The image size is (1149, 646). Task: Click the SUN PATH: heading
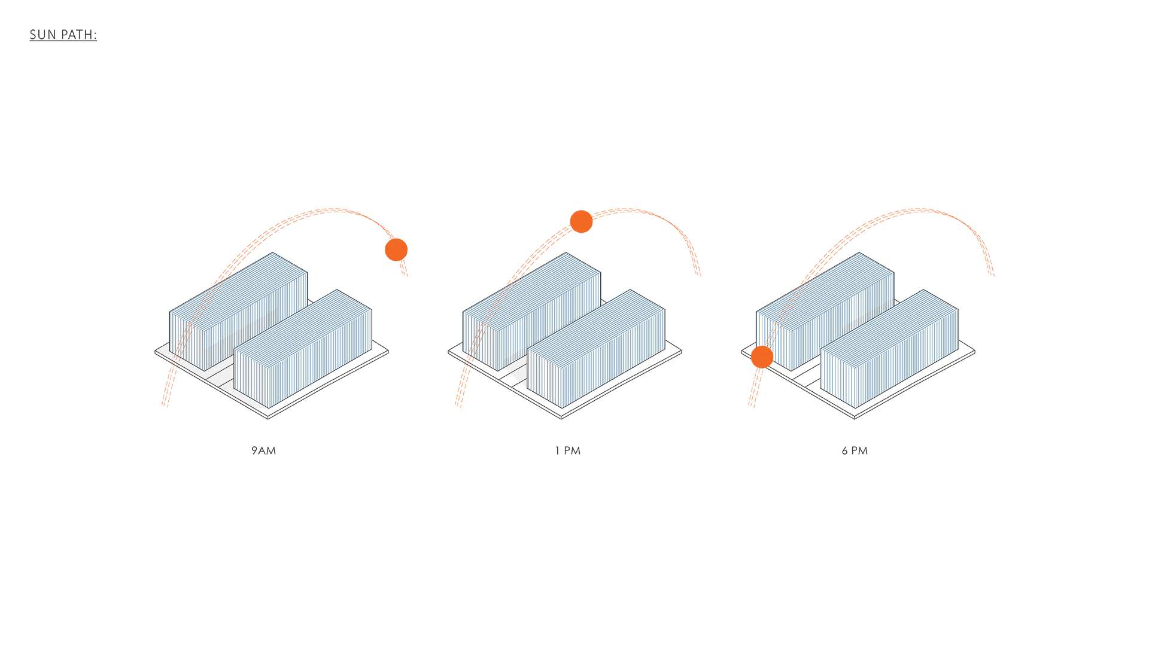[x=63, y=35]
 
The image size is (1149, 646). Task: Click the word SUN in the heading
[x=43, y=35]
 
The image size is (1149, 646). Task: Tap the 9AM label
[x=264, y=450]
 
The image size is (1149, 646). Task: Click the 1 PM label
[x=568, y=450]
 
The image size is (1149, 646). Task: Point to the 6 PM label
[x=855, y=450]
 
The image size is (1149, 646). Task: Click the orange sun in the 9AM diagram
[x=396, y=249]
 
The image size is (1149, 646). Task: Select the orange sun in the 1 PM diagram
[x=581, y=221]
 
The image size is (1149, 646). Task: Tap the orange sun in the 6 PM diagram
[x=762, y=357]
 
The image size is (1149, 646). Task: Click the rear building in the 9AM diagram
[x=239, y=311]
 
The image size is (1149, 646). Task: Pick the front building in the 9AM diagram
[x=303, y=349]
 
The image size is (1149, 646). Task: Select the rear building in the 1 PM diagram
[x=532, y=311]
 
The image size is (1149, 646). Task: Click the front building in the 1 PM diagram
[x=596, y=349]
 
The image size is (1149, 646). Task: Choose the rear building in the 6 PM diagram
[x=825, y=311]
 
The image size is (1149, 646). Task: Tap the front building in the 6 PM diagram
[x=889, y=349]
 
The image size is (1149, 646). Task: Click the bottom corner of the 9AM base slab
[x=268, y=418]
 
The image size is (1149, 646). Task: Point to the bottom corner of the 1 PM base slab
[x=561, y=418]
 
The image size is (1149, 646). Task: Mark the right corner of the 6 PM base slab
[x=975, y=352]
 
